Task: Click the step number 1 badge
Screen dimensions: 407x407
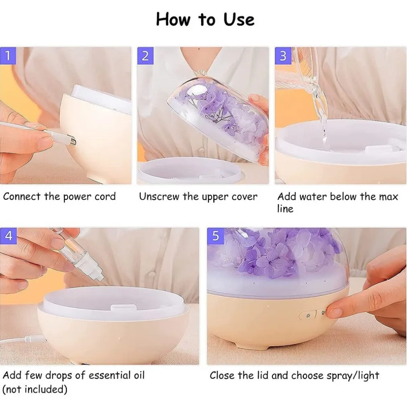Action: click(x=8, y=56)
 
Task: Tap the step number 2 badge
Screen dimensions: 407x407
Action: click(x=145, y=56)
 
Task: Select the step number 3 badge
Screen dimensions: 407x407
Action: click(x=283, y=56)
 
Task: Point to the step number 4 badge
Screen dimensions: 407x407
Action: click(x=8, y=236)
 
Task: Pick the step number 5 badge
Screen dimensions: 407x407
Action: click(x=216, y=236)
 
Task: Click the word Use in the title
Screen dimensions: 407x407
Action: click(x=239, y=20)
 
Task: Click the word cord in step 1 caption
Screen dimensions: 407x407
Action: click(x=105, y=197)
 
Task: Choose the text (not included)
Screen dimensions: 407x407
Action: click(x=35, y=389)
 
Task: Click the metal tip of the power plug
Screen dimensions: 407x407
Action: click(x=73, y=141)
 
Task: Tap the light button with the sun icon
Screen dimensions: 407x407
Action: click(x=308, y=316)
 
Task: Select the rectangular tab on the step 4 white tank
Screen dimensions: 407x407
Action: click(x=124, y=307)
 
